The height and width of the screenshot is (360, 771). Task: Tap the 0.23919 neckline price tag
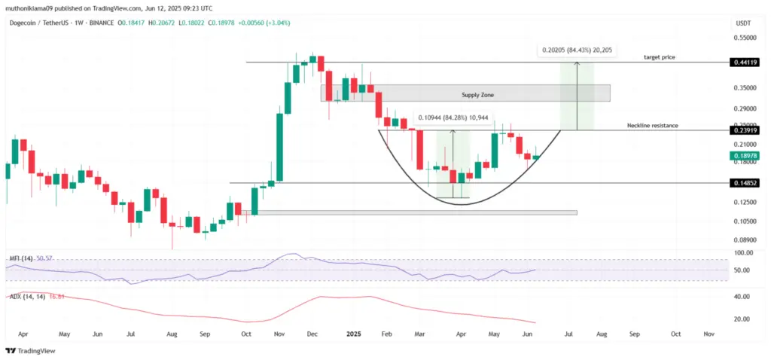(x=743, y=130)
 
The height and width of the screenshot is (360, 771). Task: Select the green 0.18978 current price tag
(x=743, y=157)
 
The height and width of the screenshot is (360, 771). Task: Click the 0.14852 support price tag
(x=743, y=183)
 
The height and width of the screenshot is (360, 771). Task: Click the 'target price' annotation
(x=657, y=57)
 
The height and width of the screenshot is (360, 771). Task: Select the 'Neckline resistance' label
(x=653, y=125)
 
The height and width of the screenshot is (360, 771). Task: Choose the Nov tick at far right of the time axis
(x=709, y=333)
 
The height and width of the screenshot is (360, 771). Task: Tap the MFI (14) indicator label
(x=20, y=258)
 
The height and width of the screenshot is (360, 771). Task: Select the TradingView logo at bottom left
(x=26, y=350)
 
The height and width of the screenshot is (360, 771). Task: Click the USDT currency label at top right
(x=742, y=23)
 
